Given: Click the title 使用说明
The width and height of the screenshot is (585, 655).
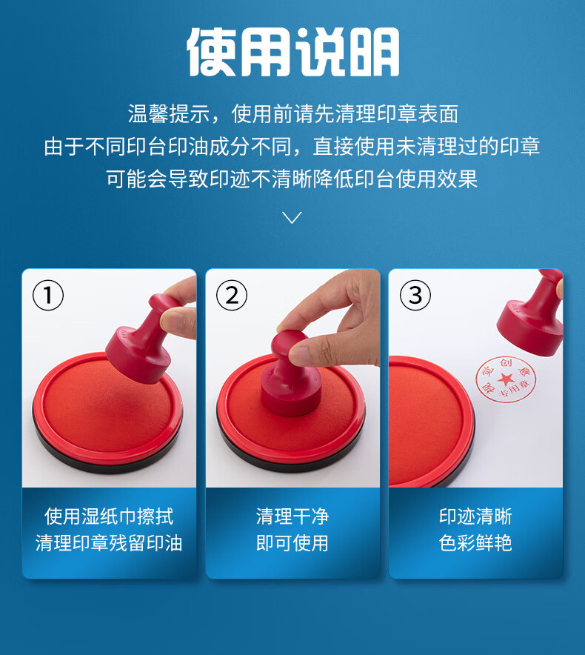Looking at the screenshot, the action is (292, 52).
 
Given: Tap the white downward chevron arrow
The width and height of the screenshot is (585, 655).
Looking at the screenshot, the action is (292, 217).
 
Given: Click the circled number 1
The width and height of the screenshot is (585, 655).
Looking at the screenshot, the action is (48, 295).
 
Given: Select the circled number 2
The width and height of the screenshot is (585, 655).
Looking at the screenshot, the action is (232, 295).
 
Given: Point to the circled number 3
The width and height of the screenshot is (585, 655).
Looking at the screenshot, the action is (415, 295).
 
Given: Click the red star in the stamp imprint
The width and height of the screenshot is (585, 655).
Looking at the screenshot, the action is (506, 379).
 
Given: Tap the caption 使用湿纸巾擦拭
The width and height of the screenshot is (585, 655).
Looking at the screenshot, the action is (109, 516).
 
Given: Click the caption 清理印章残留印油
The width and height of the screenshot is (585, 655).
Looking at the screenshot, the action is (109, 542).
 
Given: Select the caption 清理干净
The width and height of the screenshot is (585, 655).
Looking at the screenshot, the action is (292, 516).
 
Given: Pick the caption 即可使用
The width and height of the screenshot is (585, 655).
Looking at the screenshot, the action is (292, 542).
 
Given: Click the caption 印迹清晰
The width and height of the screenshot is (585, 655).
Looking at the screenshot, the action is (475, 516).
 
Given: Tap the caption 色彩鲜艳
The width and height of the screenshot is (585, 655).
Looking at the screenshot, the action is (475, 542).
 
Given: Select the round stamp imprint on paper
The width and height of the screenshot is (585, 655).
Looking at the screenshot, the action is (506, 379).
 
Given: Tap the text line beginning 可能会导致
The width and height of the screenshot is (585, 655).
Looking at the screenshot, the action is (292, 179).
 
